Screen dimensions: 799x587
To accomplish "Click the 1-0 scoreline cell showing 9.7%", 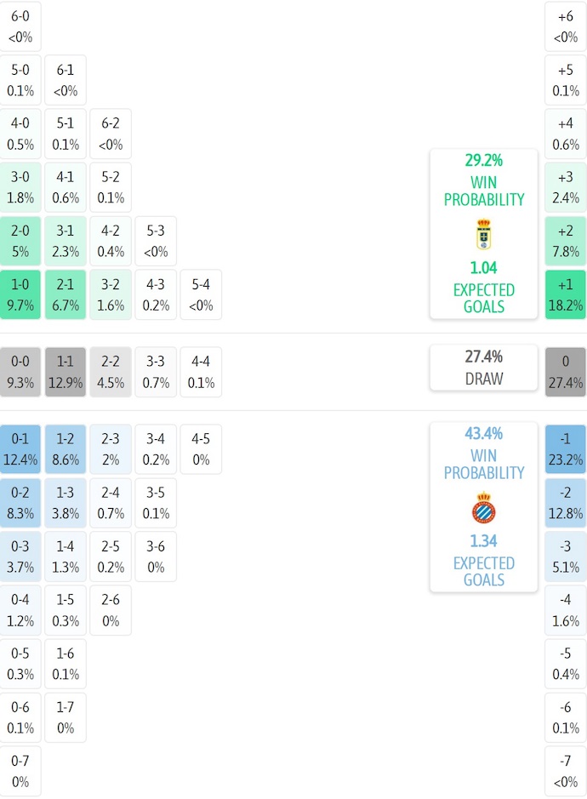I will pos(20,295).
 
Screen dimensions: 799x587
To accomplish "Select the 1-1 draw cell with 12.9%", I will pos(66,372).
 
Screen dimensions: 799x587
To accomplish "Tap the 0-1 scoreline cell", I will pos(20,449).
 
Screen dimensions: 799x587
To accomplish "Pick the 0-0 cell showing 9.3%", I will pos(20,372).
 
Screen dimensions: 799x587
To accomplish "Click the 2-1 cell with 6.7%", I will pos(66,295).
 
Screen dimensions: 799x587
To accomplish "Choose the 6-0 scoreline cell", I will pos(20,26).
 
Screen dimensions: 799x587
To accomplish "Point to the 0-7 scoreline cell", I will pos(20,772).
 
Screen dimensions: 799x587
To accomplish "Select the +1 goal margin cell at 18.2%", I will pos(566,295).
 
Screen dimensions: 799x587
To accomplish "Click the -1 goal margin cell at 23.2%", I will pos(566,449).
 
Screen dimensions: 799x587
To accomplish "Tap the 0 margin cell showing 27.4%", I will pos(566,372).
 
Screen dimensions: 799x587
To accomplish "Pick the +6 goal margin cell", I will pos(566,26).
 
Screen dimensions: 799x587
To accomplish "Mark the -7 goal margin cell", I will pos(566,772).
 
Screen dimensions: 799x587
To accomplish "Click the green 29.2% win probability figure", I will pos(483,160).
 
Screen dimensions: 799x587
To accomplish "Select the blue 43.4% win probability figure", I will pos(483,433).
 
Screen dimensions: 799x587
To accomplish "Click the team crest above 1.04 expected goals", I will pos(483,233).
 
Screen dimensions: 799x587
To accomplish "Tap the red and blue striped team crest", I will pos(483,507).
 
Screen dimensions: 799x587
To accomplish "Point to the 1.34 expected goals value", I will pos(483,541).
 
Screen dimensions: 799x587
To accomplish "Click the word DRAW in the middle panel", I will pos(483,379).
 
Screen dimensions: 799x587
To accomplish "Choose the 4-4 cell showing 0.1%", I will pos(201,372).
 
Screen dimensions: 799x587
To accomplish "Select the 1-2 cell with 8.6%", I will pos(66,449).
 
